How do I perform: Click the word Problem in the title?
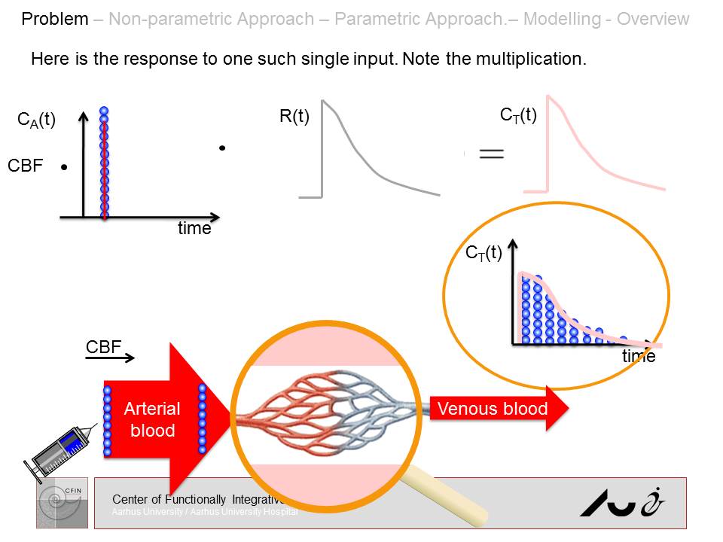(x=55, y=19)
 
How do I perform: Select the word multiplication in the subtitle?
(x=534, y=59)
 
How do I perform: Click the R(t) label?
(x=294, y=117)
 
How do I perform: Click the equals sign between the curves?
(x=491, y=154)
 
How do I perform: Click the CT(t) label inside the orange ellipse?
(x=484, y=253)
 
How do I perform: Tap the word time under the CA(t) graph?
(x=194, y=229)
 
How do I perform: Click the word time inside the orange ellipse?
(x=638, y=356)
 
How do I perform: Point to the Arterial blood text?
(x=152, y=419)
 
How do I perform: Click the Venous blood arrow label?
(x=492, y=409)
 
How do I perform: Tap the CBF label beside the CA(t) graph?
(x=26, y=166)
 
